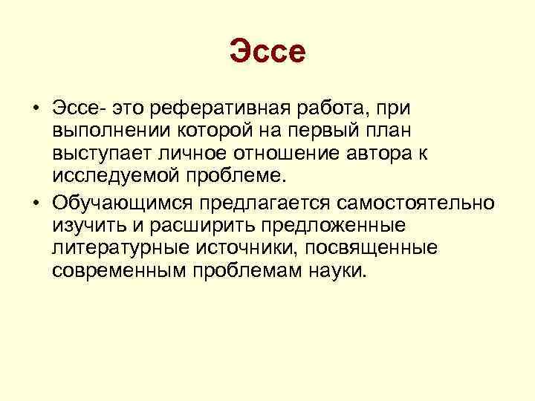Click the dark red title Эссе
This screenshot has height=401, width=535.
(267, 53)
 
